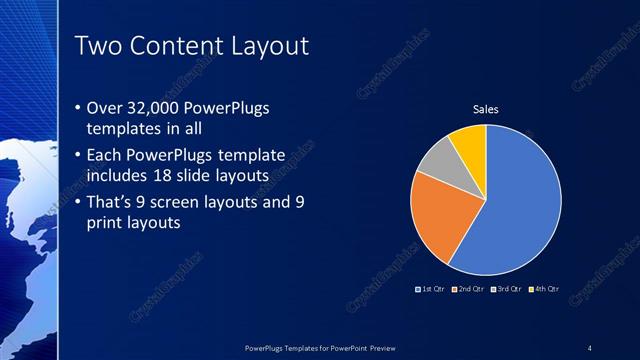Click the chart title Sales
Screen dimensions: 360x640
tap(485, 109)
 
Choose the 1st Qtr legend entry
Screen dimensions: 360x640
tap(431, 288)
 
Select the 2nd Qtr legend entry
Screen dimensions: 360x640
tap(468, 288)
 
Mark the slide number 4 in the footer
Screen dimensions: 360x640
tap(589, 347)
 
